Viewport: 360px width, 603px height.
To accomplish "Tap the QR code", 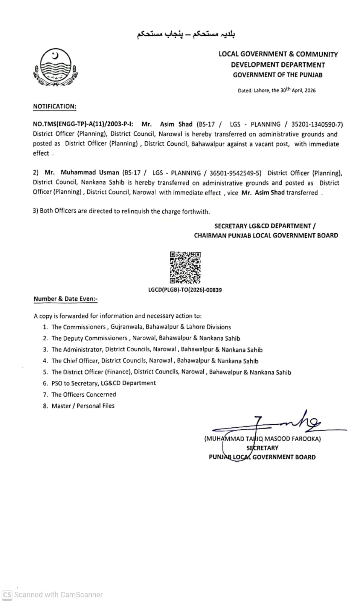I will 185,267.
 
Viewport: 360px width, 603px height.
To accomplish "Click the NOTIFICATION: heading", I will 55,106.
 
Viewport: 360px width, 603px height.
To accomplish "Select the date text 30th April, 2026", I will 297,90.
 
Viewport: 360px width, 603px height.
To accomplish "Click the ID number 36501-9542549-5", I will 235,173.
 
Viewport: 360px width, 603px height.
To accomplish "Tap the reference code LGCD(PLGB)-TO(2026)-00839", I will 185,290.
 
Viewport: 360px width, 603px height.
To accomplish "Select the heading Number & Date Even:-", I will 66,299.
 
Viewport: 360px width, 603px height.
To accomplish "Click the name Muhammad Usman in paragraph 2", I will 90,173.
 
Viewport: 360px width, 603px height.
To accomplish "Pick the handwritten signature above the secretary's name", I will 286,423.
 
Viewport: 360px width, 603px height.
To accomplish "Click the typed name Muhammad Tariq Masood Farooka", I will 262,439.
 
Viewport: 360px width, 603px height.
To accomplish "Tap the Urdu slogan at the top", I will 186,34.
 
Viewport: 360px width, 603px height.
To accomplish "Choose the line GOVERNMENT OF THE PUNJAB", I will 278,75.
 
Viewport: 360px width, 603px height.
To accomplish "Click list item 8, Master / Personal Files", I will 83,406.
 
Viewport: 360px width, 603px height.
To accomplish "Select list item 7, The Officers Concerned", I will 84,395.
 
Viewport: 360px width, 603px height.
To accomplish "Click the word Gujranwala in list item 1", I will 127,327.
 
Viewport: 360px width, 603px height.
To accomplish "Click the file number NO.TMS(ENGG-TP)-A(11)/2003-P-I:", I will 83,124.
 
